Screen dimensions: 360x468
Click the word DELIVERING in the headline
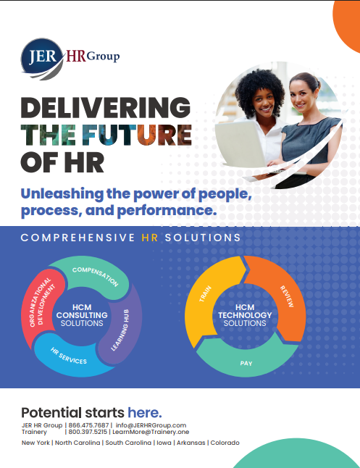pyautogui.click(x=106, y=107)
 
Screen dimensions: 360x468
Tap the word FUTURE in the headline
pyautogui.click(x=137, y=135)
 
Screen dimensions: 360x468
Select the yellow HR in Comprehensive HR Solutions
pyautogui.click(x=149, y=238)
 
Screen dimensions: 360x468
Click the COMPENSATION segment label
pyautogui.click(x=96, y=277)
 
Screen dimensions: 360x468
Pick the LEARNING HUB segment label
pyautogui.click(x=120, y=330)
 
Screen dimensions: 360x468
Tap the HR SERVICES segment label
pyautogui.click(x=69, y=356)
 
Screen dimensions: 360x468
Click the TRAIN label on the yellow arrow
pyautogui.click(x=206, y=293)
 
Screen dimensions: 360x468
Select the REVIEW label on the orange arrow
pyautogui.click(x=287, y=296)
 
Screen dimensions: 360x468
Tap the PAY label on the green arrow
pyautogui.click(x=246, y=363)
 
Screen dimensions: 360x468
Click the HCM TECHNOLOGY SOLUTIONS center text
pyautogui.click(x=245, y=315)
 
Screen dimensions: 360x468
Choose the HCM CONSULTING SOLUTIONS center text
pyautogui.click(x=82, y=315)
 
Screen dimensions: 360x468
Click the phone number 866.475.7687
pyautogui.click(x=88, y=425)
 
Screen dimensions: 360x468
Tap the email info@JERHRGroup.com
pyautogui.click(x=151, y=425)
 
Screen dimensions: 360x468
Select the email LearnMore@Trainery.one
pyautogui.click(x=151, y=432)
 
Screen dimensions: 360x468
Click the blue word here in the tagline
pyautogui.click(x=145, y=413)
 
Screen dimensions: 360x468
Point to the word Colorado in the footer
pyautogui.click(x=225, y=443)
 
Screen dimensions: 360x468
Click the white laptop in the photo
pyautogui.click(x=242, y=143)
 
